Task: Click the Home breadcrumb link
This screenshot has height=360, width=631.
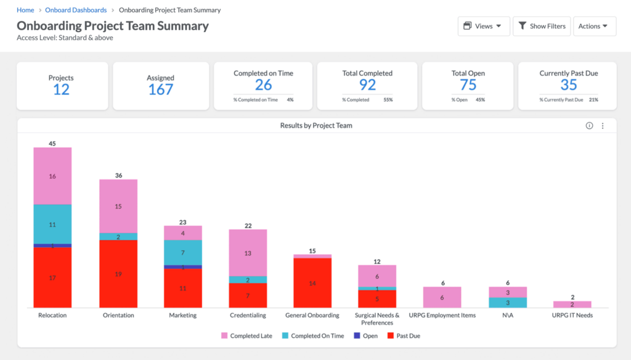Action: (25, 10)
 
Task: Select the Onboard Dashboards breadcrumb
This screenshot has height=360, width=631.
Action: (76, 10)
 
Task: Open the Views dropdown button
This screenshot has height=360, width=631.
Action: (483, 27)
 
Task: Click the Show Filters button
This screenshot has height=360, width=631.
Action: (541, 27)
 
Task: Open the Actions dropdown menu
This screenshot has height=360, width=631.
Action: (594, 27)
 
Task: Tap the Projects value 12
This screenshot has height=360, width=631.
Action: (61, 89)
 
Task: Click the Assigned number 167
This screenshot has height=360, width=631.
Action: (161, 89)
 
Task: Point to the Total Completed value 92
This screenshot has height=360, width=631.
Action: (367, 84)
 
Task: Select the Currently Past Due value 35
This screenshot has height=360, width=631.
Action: (568, 84)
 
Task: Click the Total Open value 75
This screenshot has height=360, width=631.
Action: (468, 84)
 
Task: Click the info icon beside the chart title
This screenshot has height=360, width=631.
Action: (589, 126)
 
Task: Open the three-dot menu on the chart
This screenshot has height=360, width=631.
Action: (603, 126)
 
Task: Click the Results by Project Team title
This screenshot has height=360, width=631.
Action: (316, 126)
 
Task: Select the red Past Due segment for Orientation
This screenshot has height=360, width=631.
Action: (118, 274)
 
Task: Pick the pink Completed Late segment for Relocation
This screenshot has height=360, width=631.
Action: (52, 176)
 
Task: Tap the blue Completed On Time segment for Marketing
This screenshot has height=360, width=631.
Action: (183, 253)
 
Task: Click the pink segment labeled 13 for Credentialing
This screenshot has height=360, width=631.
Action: (248, 253)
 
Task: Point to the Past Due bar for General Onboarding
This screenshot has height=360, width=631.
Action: (312, 283)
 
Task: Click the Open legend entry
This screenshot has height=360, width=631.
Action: (365, 336)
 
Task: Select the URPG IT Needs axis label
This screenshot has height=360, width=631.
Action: (572, 316)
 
